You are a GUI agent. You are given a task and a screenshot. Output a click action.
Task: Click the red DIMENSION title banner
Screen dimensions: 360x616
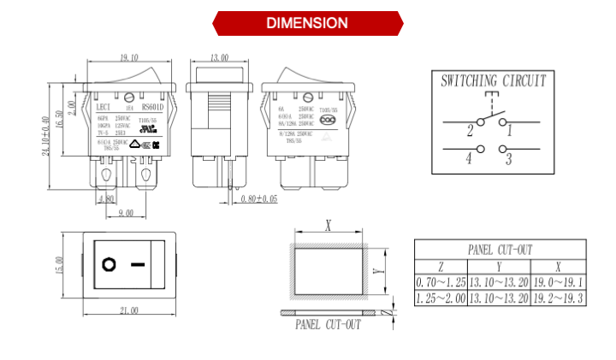coord(307,23)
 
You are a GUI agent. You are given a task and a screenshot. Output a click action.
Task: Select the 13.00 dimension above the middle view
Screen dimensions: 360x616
coord(219,57)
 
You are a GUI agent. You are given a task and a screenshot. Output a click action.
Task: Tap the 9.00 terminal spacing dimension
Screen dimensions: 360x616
coord(125,213)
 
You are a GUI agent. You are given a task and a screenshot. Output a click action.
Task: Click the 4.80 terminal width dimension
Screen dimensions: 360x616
coord(107,199)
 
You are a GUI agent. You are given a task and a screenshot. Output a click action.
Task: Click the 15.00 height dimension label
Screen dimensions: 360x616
coord(60,265)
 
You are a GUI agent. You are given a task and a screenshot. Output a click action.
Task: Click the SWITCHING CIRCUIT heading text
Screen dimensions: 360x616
coord(494,82)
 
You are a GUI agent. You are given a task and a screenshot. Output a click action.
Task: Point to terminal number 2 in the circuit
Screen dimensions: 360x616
coord(470,132)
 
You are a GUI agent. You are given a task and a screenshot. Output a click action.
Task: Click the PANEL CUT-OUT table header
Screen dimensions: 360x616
coord(500,250)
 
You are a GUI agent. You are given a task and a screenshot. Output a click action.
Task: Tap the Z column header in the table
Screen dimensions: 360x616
coord(441,266)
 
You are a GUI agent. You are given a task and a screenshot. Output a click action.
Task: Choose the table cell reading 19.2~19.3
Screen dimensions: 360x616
coord(558,298)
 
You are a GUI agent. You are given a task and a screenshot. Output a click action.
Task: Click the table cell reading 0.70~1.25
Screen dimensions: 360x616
coord(441,282)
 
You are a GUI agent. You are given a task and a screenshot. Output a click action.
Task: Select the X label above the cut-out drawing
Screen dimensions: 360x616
coord(329,226)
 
